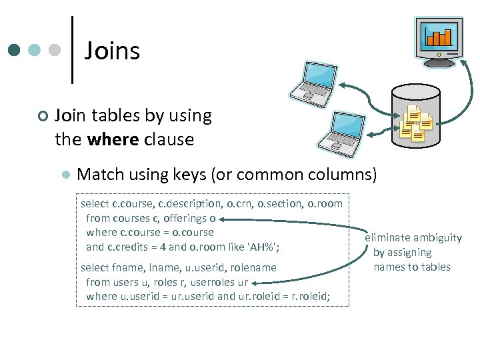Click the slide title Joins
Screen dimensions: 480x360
(112, 51)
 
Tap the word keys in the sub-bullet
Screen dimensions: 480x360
(189, 175)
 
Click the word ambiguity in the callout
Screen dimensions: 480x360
(438, 238)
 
